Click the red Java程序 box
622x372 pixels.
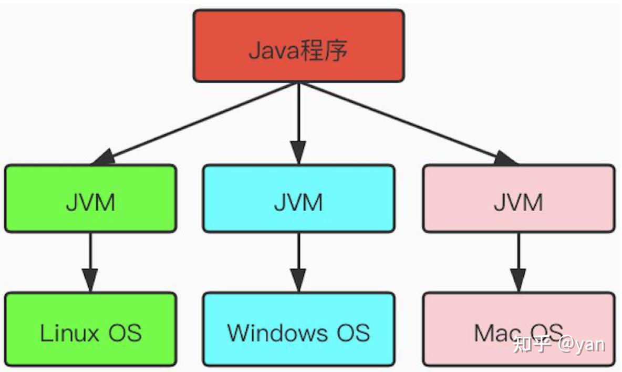coord(298,46)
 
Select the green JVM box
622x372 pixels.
coord(90,199)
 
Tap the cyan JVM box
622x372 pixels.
coord(298,199)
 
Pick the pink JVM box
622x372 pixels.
coord(518,199)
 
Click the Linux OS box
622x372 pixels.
coord(90,329)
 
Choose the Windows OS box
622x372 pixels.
coord(298,329)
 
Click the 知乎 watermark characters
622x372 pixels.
coord(532,345)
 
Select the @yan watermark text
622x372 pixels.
coord(582,345)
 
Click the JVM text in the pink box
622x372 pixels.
coord(518,202)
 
